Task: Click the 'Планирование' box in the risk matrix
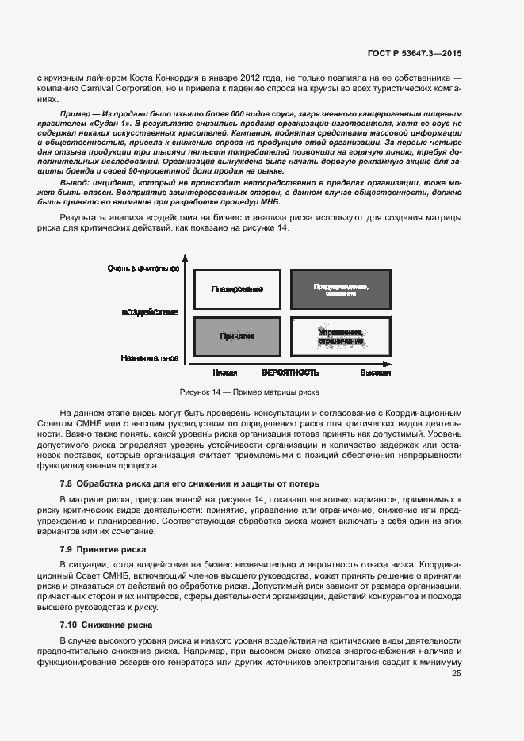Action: tap(237, 288)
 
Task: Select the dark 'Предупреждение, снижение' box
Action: tap(340, 289)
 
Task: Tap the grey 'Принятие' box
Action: tap(237, 337)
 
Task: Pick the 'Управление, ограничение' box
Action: tap(340, 337)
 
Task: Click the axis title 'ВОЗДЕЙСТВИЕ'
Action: tap(150, 312)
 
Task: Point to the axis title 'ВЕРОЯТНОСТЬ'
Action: tap(291, 372)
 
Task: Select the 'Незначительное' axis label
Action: tap(150, 358)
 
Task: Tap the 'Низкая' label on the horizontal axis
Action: tap(225, 372)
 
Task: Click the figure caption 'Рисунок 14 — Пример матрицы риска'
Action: tap(250, 392)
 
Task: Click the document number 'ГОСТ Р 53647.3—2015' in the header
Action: tap(415, 54)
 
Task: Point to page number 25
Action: tap(456, 674)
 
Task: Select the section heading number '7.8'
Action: tap(67, 483)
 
